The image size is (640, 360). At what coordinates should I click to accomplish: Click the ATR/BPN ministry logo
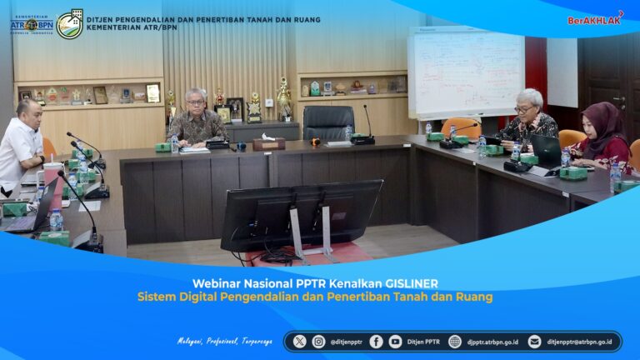(31, 24)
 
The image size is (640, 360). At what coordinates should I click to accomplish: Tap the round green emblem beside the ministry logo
(69, 24)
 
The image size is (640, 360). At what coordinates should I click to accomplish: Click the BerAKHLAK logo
(595, 18)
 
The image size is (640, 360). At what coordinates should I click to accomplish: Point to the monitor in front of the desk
(301, 214)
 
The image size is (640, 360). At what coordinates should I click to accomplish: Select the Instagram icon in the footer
(319, 342)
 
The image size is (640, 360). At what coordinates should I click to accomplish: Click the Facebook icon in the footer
(376, 342)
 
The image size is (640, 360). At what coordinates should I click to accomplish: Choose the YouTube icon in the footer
(395, 342)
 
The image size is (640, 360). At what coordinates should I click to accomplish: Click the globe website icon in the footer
(455, 342)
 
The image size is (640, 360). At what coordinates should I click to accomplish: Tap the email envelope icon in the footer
(534, 342)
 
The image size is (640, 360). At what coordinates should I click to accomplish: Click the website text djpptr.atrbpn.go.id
(492, 342)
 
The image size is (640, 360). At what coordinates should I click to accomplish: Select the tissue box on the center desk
(268, 142)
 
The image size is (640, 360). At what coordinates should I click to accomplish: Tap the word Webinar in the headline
(216, 282)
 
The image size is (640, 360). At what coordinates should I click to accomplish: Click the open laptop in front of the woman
(547, 152)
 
